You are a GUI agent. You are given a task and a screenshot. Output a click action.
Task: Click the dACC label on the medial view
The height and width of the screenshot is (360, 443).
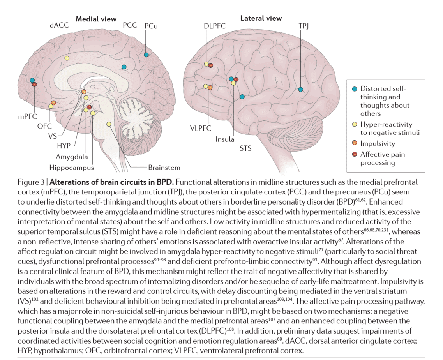(x=59, y=26)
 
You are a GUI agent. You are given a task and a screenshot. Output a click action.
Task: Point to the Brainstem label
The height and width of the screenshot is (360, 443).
(x=164, y=168)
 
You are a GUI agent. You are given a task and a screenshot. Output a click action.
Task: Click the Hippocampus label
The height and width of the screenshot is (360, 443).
(x=71, y=168)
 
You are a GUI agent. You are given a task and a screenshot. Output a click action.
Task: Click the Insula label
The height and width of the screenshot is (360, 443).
(x=225, y=139)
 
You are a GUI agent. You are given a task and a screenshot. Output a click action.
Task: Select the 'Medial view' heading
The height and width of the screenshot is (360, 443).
(x=96, y=19)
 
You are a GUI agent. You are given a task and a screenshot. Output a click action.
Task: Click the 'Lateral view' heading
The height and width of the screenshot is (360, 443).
(x=261, y=18)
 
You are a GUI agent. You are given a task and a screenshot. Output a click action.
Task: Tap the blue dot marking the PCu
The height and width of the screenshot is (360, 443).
(x=146, y=55)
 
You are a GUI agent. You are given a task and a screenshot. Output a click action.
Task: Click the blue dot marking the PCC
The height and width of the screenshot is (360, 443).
(x=124, y=67)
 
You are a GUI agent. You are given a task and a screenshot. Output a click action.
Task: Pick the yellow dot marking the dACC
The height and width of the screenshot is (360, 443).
(x=67, y=58)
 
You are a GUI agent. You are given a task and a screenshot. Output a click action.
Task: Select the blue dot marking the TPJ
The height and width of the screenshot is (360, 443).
(x=300, y=90)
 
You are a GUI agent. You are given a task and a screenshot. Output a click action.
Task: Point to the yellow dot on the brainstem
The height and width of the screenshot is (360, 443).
(x=109, y=124)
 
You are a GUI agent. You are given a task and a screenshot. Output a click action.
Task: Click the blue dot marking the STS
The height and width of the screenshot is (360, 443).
(x=242, y=97)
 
